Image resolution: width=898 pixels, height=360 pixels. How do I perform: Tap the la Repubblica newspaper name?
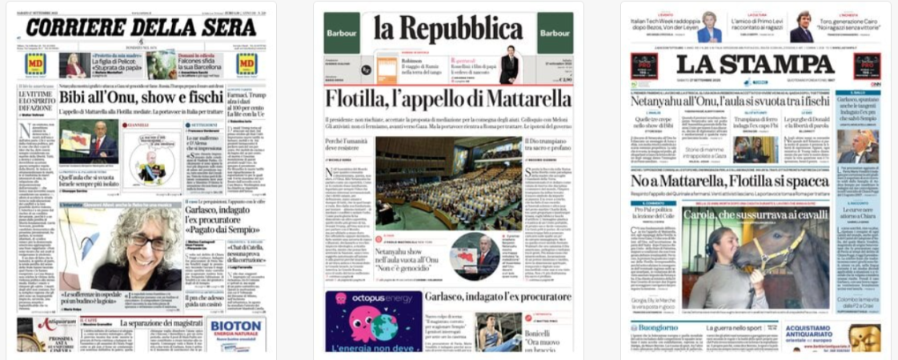click(x=448, y=30)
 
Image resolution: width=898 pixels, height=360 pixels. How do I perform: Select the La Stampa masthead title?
click(x=755, y=65)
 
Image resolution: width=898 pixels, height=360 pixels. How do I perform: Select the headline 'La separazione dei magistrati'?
click(x=160, y=322)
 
